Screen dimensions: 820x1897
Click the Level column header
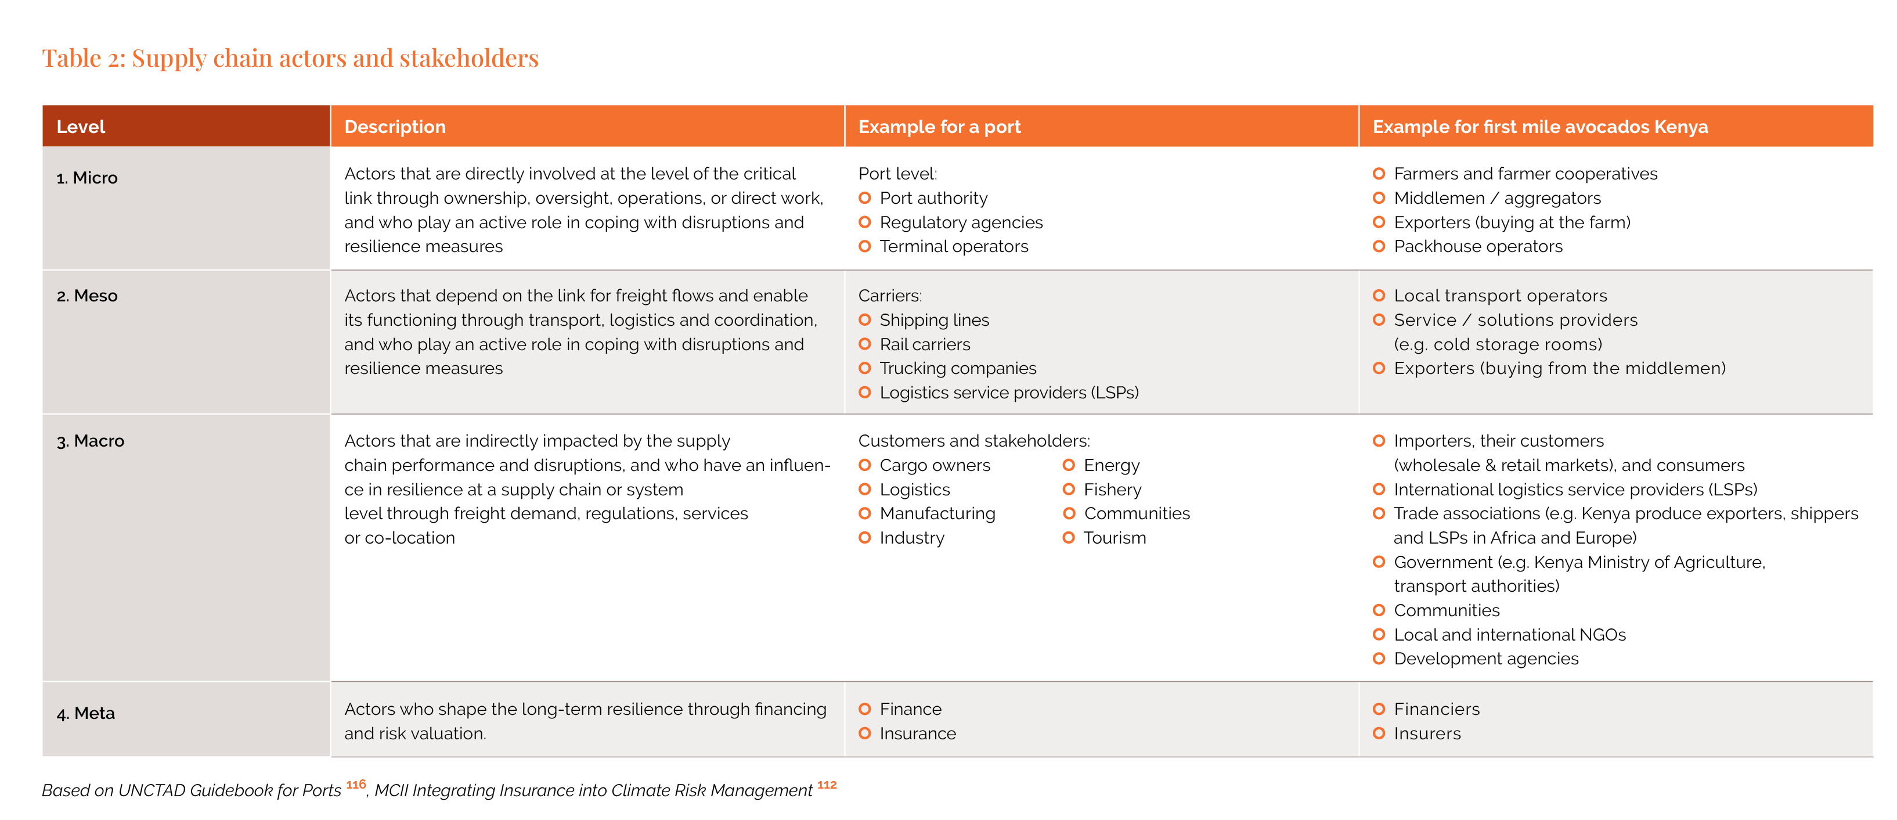(x=81, y=127)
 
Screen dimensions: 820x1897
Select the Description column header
(x=395, y=127)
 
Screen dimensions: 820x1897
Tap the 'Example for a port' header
(x=939, y=127)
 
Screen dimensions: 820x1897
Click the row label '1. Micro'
(x=87, y=178)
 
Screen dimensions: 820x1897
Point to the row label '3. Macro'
(x=91, y=441)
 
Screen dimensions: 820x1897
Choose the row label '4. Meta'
(x=86, y=713)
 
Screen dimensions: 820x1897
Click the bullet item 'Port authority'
(x=933, y=198)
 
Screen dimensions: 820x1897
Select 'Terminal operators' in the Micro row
(x=954, y=246)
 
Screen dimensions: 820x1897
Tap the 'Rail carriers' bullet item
(x=924, y=344)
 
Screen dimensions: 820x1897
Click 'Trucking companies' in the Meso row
(x=957, y=368)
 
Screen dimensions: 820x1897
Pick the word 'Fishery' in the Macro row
(x=1112, y=489)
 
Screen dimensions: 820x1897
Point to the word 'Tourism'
(x=1114, y=538)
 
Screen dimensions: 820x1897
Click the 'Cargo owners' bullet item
(x=935, y=465)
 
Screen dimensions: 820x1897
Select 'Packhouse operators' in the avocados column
(x=1477, y=246)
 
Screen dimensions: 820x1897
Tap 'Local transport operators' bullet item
(x=1500, y=296)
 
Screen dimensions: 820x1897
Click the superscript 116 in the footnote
(x=356, y=785)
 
